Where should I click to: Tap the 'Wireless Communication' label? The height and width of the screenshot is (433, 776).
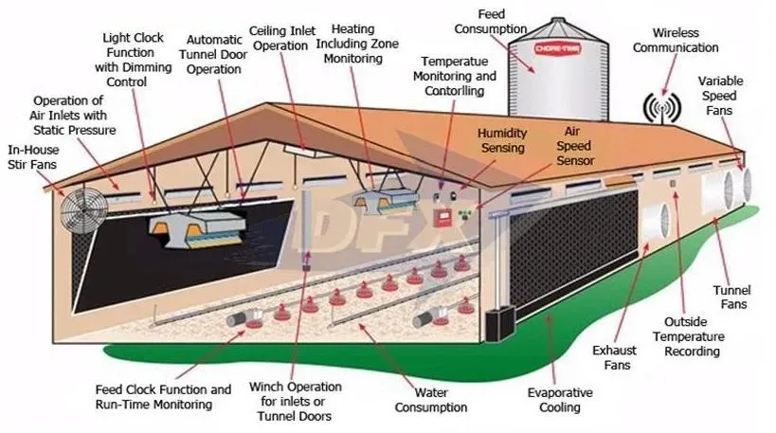676,41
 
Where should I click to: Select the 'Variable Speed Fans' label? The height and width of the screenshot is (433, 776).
727,95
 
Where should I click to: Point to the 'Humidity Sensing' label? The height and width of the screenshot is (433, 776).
501,141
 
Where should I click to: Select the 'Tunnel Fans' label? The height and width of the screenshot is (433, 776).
731,298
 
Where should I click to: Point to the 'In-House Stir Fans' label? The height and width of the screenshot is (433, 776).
32,156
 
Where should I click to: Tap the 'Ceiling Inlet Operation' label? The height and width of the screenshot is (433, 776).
285,37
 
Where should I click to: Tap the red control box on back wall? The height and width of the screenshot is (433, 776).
442,218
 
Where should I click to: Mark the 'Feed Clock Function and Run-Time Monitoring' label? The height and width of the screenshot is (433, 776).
163,397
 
